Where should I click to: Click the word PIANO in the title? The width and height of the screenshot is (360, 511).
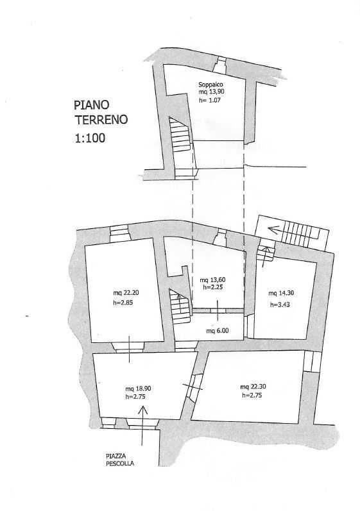91,105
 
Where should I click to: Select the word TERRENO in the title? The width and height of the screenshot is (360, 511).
101,120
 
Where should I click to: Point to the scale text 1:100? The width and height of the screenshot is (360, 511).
90,138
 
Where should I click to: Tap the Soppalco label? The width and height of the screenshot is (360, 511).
210,85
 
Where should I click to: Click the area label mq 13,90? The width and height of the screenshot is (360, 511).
211,92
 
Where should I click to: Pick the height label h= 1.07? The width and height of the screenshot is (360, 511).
210,100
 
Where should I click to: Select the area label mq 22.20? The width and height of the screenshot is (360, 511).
126,292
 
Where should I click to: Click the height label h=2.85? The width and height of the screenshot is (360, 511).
123,303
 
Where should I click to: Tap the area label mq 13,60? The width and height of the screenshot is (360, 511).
212,280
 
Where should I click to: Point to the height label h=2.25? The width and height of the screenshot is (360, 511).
212,287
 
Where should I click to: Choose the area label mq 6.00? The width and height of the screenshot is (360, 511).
217,330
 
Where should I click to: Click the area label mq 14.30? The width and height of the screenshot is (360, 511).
281,293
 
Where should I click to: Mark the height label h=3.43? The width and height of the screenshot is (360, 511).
280,305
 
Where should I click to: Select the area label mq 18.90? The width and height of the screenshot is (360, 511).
138,389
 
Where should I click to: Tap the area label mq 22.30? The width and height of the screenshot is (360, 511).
253,387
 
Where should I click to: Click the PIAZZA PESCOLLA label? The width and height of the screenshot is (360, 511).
119,460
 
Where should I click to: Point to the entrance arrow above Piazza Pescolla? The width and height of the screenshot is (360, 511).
142,426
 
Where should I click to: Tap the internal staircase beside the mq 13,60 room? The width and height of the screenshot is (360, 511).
180,306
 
